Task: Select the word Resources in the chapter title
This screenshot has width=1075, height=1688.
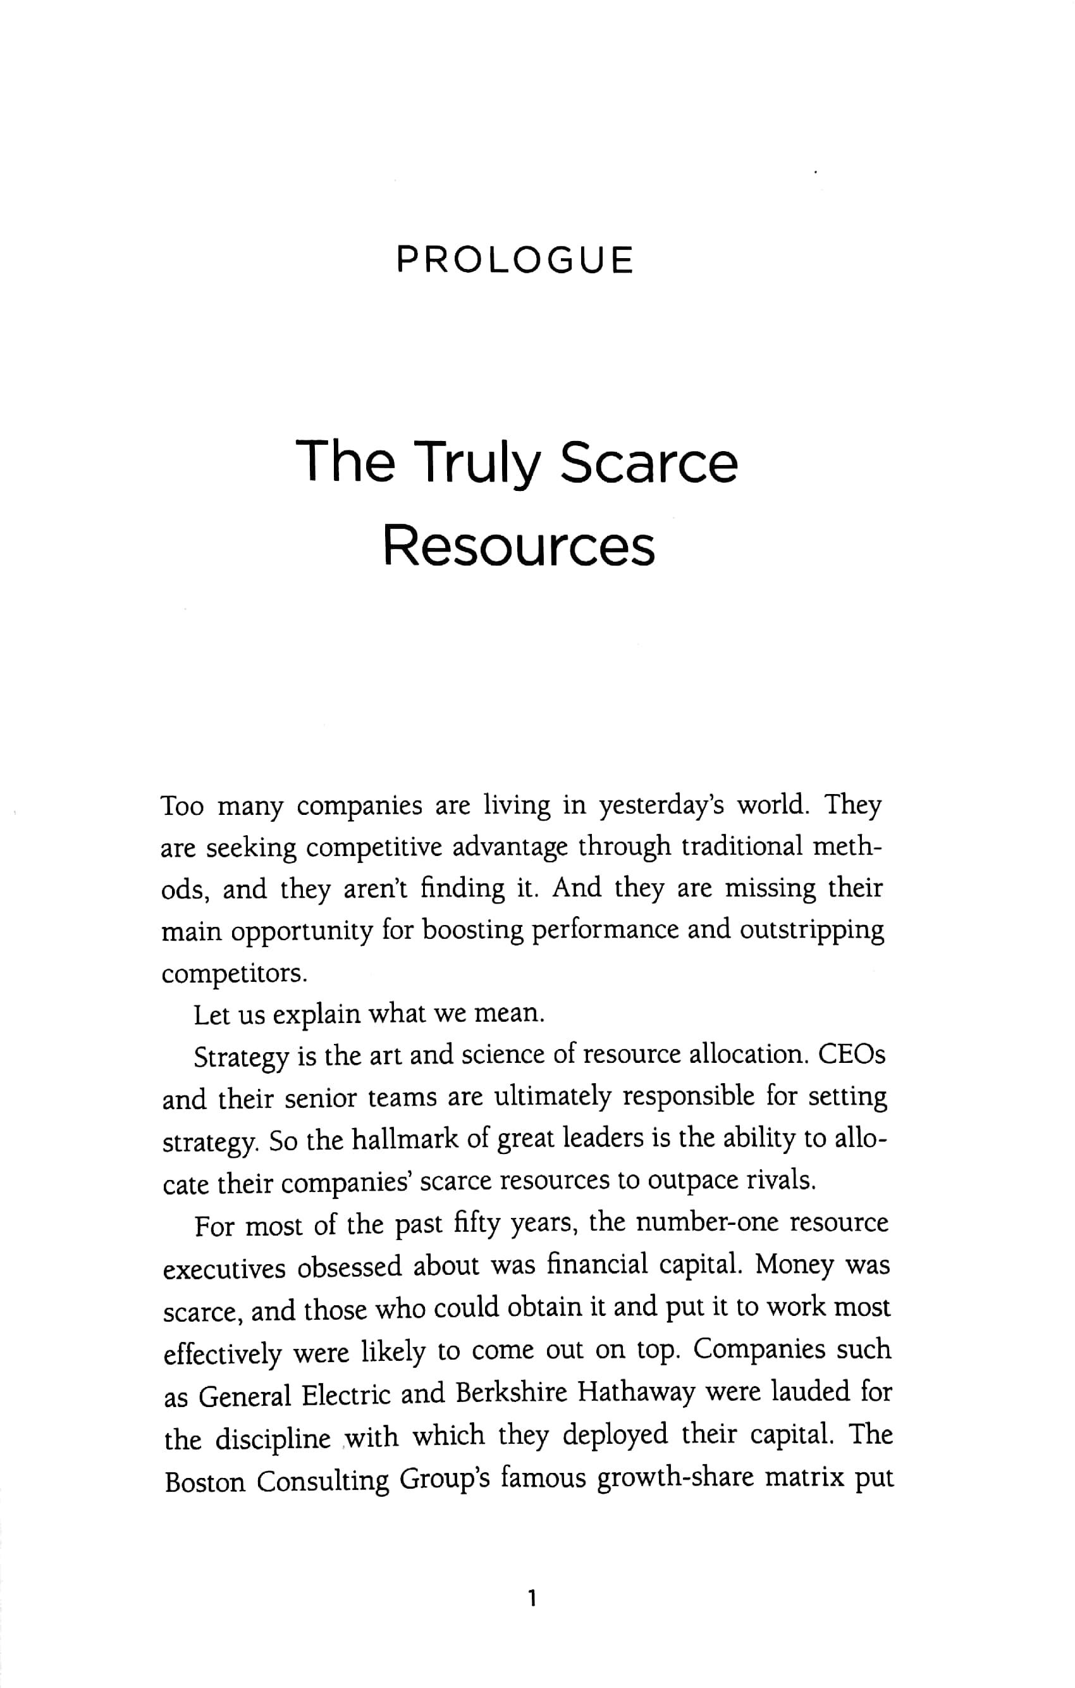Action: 519,547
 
